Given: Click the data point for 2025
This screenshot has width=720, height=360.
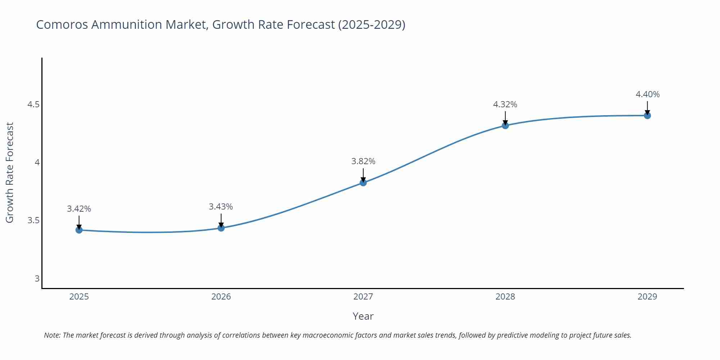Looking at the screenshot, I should click(x=79, y=230).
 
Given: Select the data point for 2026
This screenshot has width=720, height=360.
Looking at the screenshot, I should click(x=221, y=228).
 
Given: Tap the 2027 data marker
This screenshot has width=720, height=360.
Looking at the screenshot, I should click(x=363, y=183).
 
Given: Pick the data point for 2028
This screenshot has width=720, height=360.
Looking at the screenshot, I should click(x=505, y=125).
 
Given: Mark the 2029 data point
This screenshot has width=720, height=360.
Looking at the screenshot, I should click(x=647, y=116).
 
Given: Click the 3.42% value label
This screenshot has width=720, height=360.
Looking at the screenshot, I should click(x=79, y=209).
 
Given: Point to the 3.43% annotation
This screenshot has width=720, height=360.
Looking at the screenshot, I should click(x=221, y=207).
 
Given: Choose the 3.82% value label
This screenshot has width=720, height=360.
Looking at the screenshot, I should click(x=363, y=161).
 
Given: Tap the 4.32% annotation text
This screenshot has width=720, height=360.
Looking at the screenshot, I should click(x=505, y=104).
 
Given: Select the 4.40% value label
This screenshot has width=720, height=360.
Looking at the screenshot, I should click(x=647, y=94).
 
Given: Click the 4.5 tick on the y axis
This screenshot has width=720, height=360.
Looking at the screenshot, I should click(x=33, y=104).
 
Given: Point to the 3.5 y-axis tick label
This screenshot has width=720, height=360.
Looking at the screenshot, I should click(x=33, y=220).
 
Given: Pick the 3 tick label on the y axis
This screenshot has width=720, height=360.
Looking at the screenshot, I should click(x=37, y=278).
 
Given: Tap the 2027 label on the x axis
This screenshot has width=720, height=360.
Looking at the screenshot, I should click(x=363, y=297).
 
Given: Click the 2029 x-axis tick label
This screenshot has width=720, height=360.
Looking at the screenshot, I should click(x=647, y=297).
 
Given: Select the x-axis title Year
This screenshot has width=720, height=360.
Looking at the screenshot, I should click(x=363, y=316).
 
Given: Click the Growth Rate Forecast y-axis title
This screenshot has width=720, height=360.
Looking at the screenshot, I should click(x=10, y=173).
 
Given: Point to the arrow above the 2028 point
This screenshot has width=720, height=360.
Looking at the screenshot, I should click(x=505, y=118).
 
